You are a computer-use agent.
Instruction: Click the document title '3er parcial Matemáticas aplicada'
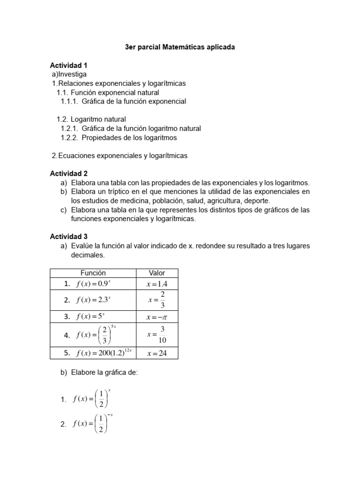pyautogui.click(x=180, y=47)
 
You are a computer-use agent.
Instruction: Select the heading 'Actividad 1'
pyautogui.click(x=68, y=65)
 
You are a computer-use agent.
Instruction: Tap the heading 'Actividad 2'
pyautogui.click(x=68, y=173)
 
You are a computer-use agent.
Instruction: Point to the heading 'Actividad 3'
pyautogui.click(x=68, y=237)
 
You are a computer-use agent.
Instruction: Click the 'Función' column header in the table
pyautogui.click(x=93, y=273)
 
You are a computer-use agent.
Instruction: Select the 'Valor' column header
pyautogui.click(x=157, y=273)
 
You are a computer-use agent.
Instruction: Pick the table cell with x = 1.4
pyautogui.click(x=157, y=284)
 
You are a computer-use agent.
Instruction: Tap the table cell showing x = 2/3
pyautogui.click(x=157, y=300)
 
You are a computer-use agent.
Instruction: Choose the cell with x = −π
pyautogui.click(x=157, y=317)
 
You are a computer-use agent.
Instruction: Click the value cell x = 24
pyautogui.click(x=157, y=353)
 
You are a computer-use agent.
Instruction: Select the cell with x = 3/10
pyautogui.click(x=157, y=335)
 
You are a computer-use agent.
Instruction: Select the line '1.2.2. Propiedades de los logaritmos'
pyautogui.click(x=119, y=137)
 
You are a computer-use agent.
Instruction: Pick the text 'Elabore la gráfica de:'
pyautogui.click(x=104, y=373)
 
